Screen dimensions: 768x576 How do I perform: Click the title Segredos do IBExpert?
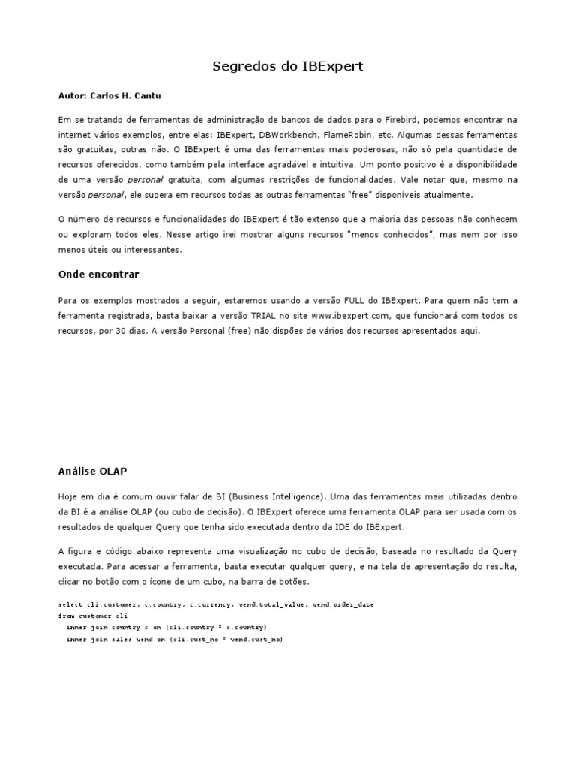[288, 66]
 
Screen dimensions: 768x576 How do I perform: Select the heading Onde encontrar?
[98, 274]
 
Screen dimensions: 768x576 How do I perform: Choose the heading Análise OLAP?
[92, 471]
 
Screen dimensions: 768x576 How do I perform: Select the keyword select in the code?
[69, 604]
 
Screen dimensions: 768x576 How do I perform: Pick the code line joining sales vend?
[174, 639]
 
